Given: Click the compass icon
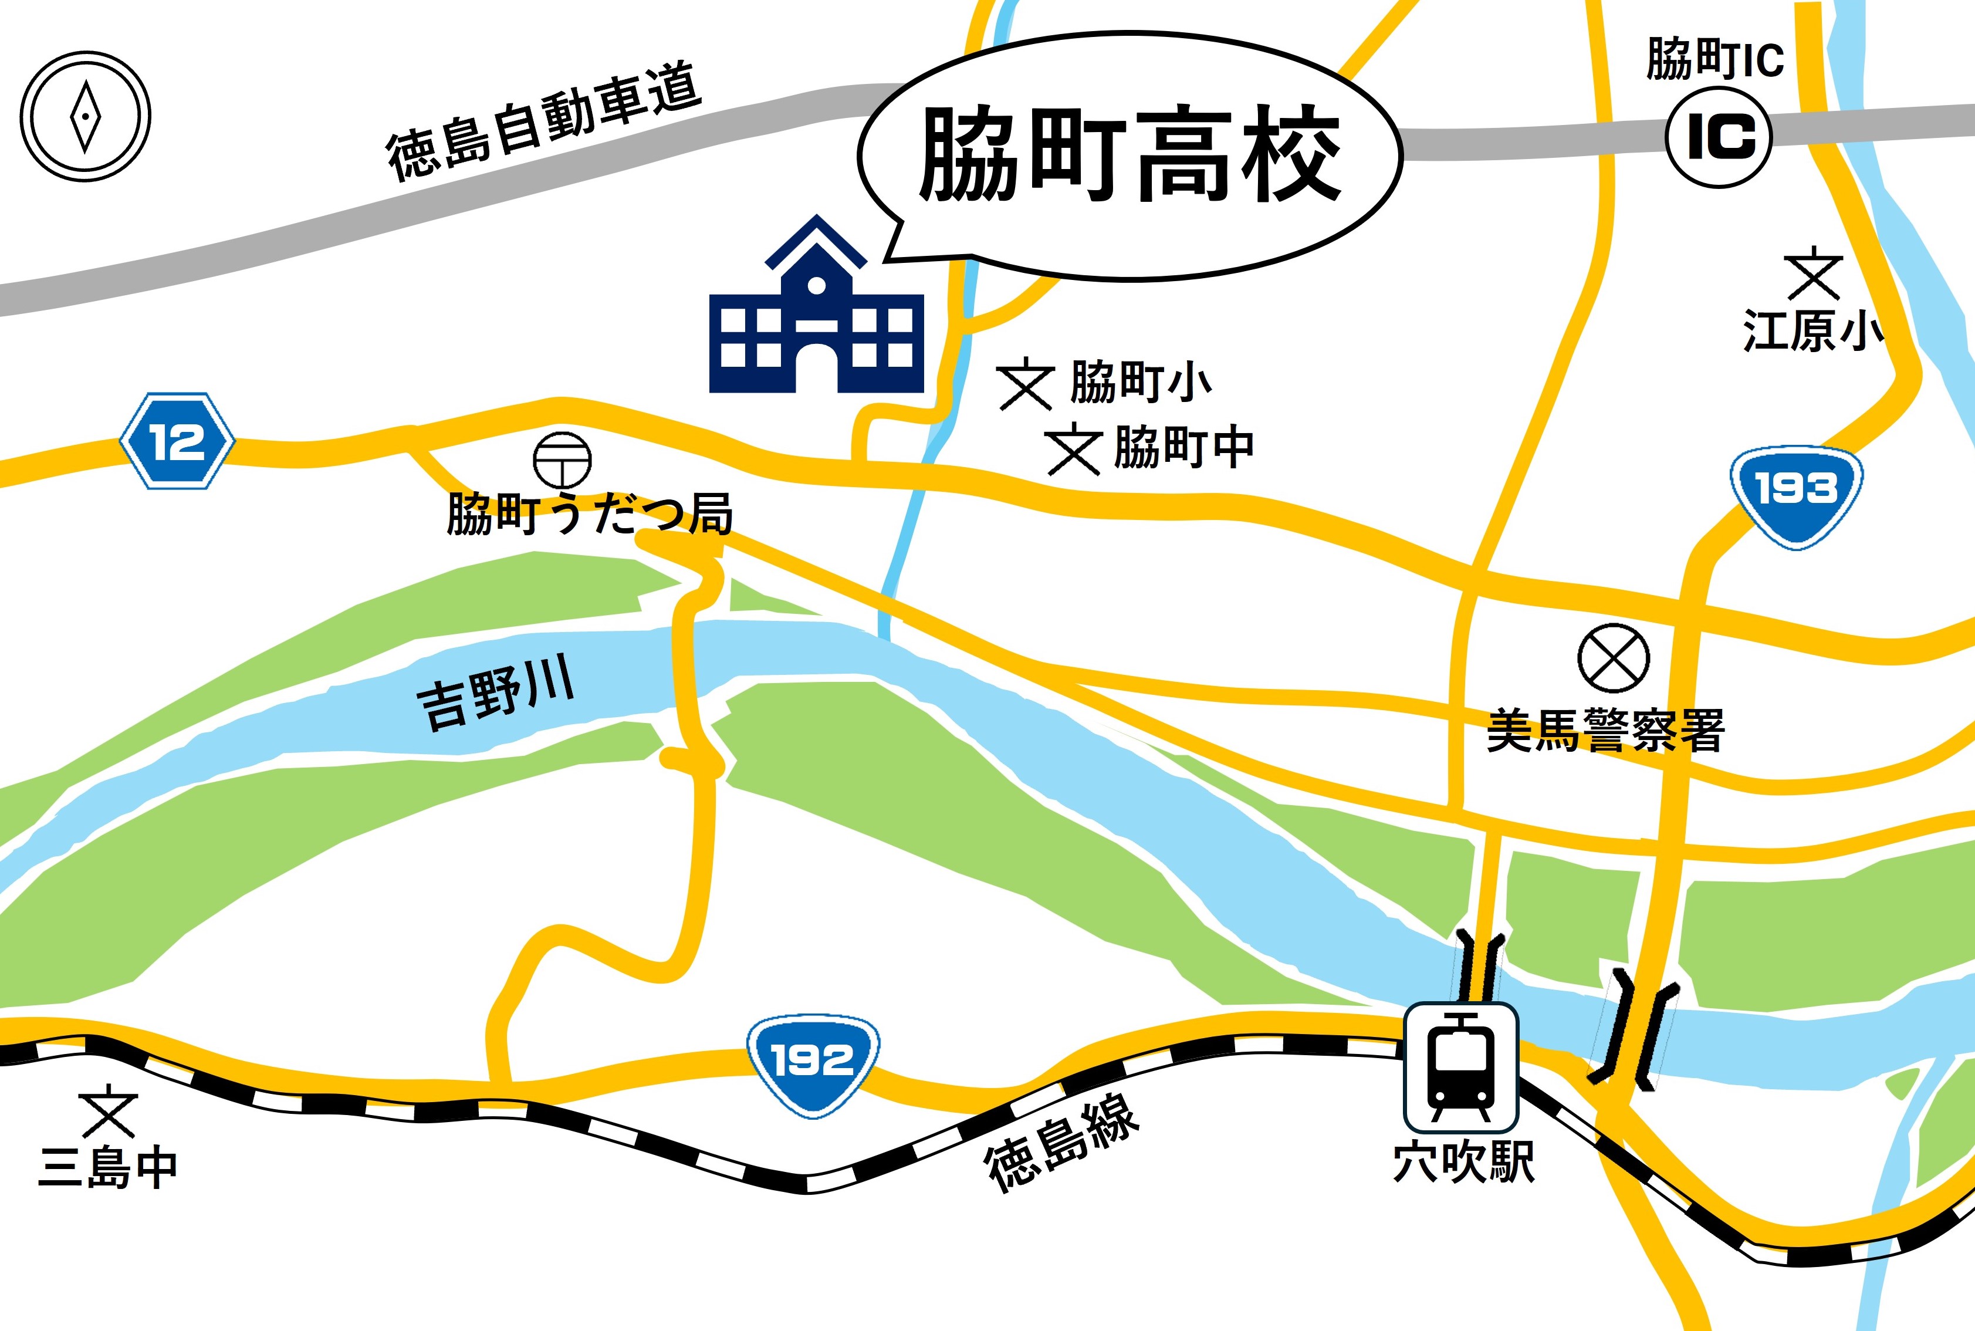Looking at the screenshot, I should point(85,116).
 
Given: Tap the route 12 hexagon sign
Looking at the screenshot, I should point(177,441).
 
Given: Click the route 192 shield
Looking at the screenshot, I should point(812,1063).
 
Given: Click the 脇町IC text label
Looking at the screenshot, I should point(1714,59).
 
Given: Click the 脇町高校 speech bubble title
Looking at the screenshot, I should point(1131,156).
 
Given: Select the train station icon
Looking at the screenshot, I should point(1460,1068).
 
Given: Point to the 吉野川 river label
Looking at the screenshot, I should point(496,694).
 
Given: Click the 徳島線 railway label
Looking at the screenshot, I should point(1061,1141).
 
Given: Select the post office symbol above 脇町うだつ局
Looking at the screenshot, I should point(562,460).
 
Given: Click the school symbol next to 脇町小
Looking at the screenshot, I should point(1025,386).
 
